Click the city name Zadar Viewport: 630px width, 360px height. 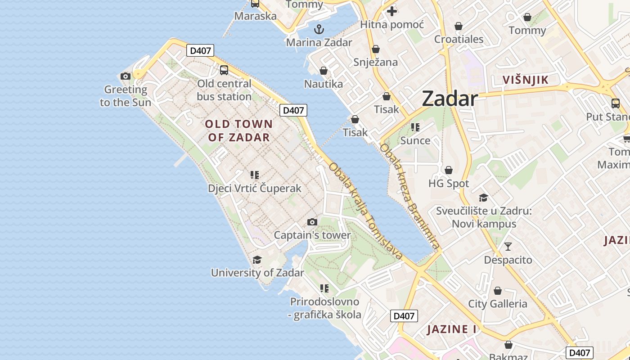(449, 99)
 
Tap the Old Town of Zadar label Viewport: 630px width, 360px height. (239, 130)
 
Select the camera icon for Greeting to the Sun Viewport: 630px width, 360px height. (126, 76)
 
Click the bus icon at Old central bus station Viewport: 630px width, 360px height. (224, 70)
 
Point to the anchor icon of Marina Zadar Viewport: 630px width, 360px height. (319, 30)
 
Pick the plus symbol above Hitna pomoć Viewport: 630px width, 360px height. (392, 11)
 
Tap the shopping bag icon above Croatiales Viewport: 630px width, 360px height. (459, 26)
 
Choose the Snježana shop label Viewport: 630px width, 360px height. (375, 62)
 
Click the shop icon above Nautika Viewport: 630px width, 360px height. (323, 71)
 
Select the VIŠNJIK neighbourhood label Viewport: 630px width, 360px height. (525, 80)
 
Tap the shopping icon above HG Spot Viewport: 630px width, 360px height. (448, 170)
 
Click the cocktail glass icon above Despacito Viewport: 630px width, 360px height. (508, 246)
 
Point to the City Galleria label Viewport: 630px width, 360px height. (497, 304)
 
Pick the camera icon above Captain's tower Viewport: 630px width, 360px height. (312, 222)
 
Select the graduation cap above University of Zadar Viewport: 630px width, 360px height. (257, 260)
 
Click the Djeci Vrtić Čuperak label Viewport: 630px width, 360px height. (254, 188)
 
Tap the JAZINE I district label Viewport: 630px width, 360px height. (451, 329)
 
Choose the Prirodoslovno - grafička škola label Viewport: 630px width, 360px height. (324, 308)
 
